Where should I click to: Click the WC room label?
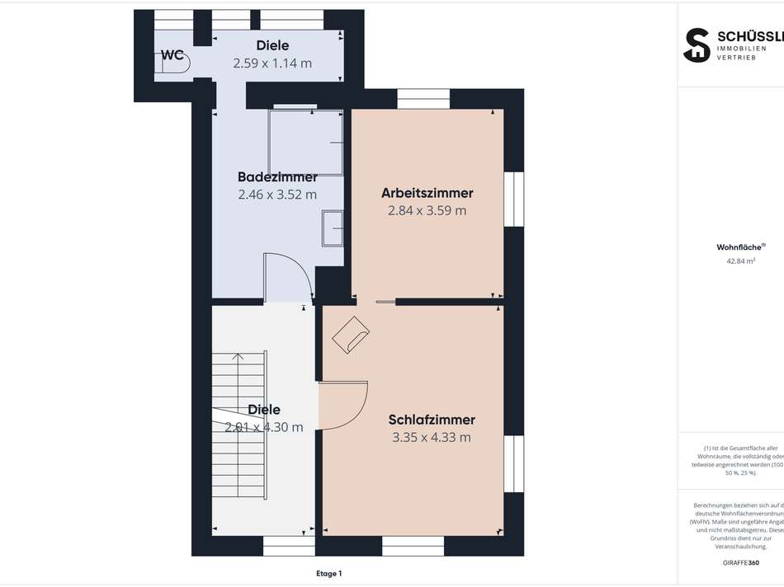[172, 55]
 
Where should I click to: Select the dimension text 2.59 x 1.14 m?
[272, 63]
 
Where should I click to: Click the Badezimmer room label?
[277, 177]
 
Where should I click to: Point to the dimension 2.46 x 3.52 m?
[277, 195]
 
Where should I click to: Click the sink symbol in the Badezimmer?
[333, 228]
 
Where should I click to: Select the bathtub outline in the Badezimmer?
[306, 143]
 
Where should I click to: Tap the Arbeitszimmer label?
[427, 193]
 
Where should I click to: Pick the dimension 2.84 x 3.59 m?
[427, 210]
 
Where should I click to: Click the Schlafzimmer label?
[432, 420]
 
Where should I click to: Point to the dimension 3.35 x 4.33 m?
[432, 437]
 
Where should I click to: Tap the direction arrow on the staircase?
[238, 358]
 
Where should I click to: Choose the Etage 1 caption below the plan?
[328, 573]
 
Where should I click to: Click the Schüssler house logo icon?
[697, 45]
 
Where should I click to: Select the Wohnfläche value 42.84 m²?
[740, 261]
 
